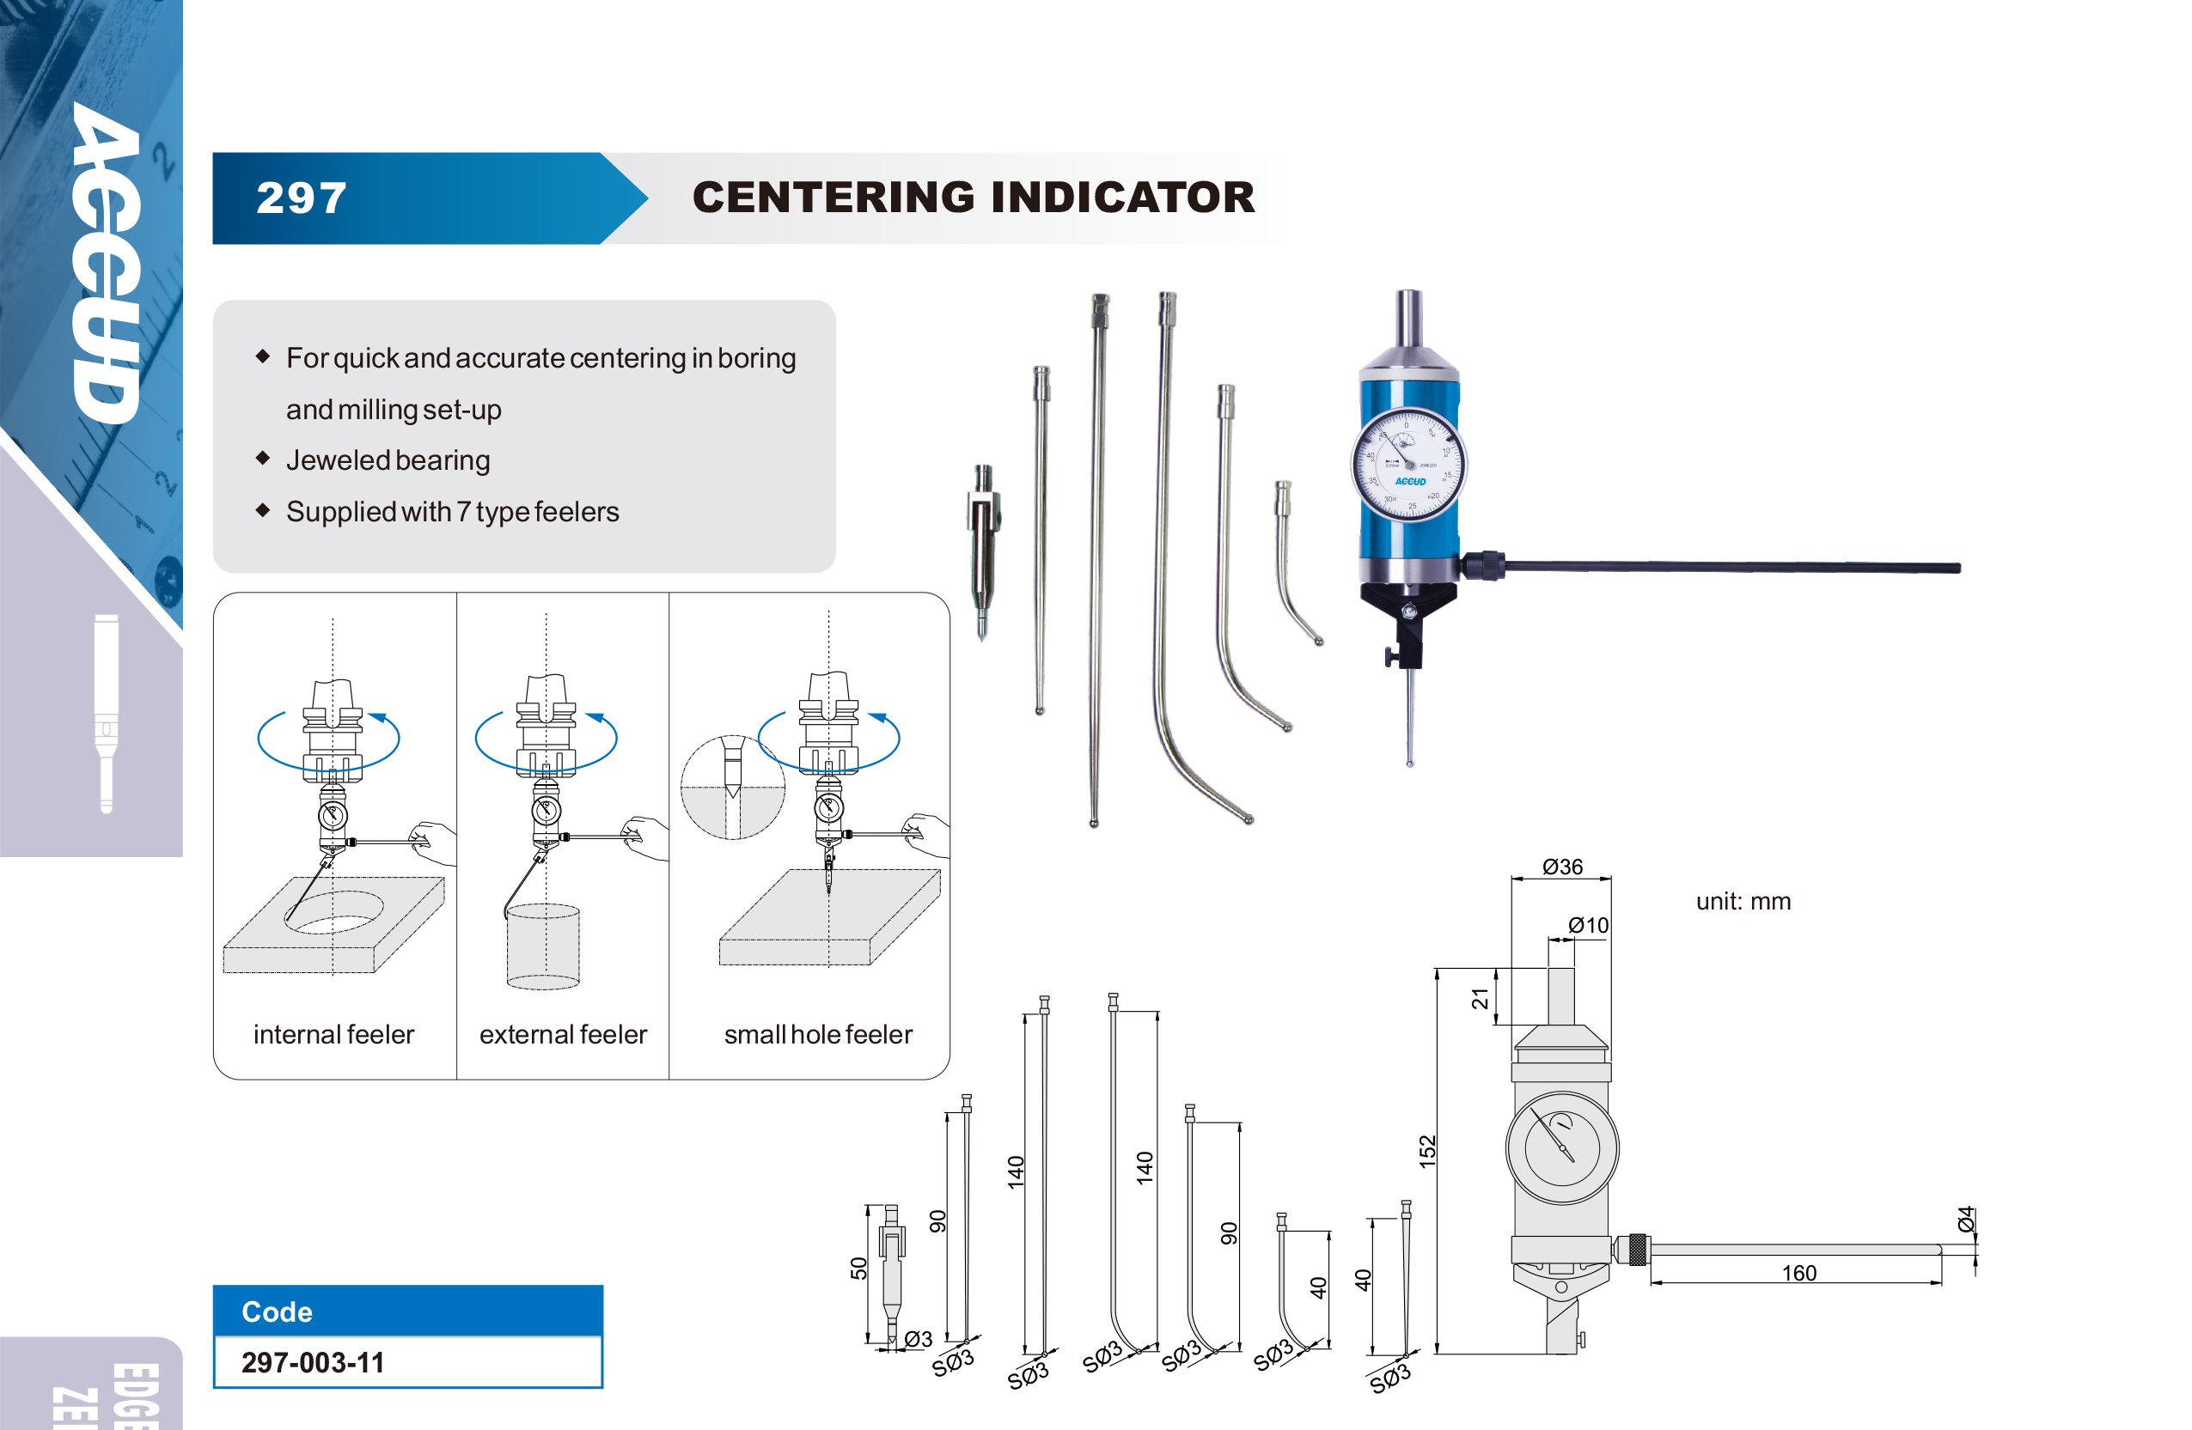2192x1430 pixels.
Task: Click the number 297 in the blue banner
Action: (301, 198)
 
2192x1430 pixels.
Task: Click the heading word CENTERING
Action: (833, 197)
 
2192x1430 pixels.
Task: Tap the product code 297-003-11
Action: (313, 1362)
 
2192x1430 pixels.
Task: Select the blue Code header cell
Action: (407, 1311)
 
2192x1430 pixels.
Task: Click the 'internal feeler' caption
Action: (333, 1035)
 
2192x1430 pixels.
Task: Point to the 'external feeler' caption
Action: (563, 1035)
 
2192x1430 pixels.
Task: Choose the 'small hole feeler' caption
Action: (818, 1035)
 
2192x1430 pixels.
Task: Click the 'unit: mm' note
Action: (1743, 902)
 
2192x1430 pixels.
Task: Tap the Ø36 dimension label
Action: (1562, 867)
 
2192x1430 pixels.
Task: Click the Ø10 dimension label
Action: (1588, 925)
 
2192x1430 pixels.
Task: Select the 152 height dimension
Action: (1427, 1151)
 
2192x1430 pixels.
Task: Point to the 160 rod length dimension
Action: (1798, 1273)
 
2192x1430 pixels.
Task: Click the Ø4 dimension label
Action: (1965, 1219)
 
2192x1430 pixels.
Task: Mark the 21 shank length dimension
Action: (1479, 998)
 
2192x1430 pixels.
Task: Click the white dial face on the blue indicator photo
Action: (1408, 463)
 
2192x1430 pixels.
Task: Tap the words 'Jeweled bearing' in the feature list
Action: (388, 460)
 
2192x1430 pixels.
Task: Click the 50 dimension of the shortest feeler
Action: (858, 1268)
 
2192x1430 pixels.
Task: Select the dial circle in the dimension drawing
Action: (1562, 1147)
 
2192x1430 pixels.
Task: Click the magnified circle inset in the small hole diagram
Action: (733, 788)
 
